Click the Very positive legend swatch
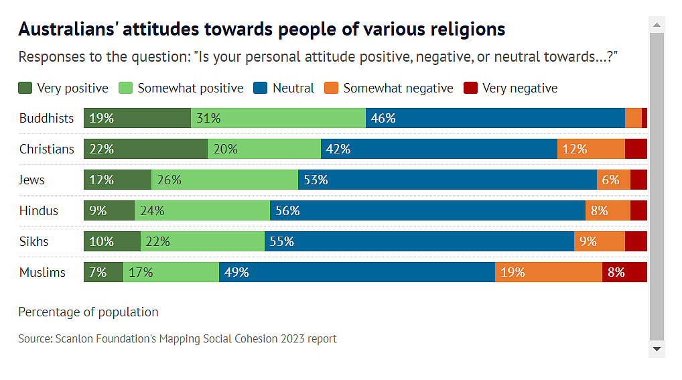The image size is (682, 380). pyautogui.click(x=25, y=88)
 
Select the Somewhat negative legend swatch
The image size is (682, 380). pyautogui.click(x=331, y=88)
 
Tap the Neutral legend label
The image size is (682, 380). pyautogui.click(x=293, y=88)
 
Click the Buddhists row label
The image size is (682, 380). pyautogui.click(x=46, y=118)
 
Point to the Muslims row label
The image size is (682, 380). pyautogui.click(x=42, y=272)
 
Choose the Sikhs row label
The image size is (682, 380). pyautogui.click(x=33, y=241)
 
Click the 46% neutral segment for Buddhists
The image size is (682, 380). pyautogui.click(x=495, y=118)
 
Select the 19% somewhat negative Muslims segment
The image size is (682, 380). pyautogui.click(x=549, y=272)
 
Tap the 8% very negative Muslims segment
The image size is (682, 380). pyautogui.click(x=624, y=272)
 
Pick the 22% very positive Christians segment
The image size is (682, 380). pyautogui.click(x=145, y=149)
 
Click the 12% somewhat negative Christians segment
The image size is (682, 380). pyautogui.click(x=590, y=149)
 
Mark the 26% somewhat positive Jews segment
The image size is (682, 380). pyautogui.click(x=224, y=180)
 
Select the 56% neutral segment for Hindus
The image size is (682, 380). pyautogui.click(x=427, y=210)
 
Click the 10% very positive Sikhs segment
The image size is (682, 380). pyautogui.click(x=112, y=241)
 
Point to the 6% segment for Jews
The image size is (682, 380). pyautogui.click(x=613, y=180)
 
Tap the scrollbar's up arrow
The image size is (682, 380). pyautogui.click(x=657, y=25)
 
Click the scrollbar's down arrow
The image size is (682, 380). pyautogui.click(x=657, y=349)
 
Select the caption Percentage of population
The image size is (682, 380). pyautogui.click(x=88, y=312)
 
